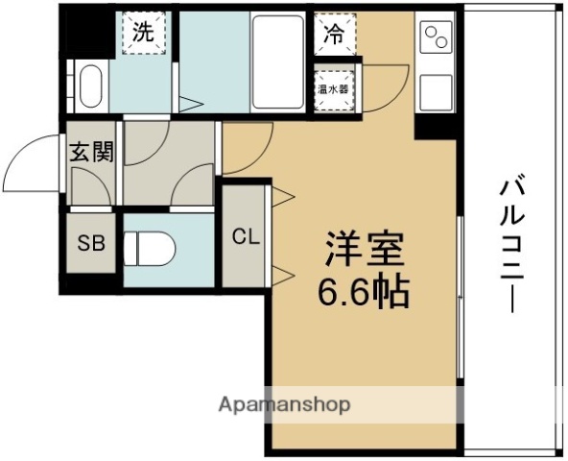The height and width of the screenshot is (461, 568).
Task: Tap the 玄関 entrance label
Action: click(x=91, y=152)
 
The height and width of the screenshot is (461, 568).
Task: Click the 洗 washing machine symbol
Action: click(x=142, y=33)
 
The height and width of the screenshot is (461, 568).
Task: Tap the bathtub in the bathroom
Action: click(x=278, y=62)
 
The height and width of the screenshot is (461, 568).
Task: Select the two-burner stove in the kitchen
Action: click(x=438, y=37)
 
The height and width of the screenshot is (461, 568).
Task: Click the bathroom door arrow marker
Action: click(x=189, y=102)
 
